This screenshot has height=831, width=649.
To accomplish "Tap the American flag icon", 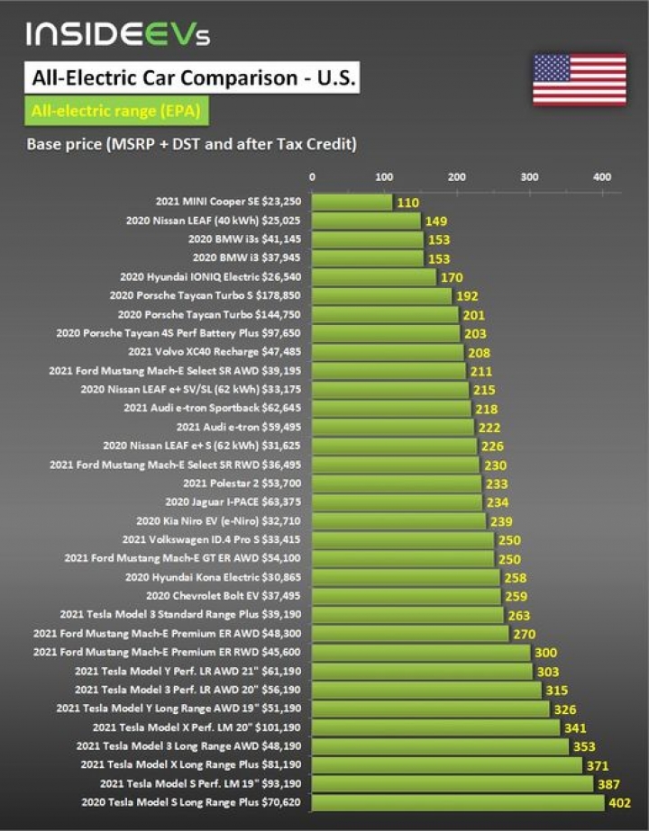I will [x=579, y=79].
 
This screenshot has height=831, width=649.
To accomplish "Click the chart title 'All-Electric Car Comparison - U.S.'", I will [x=193, y=77].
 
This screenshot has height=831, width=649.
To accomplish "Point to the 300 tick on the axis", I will [x=529, y=176].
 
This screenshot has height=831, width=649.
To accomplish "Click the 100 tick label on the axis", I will [x=384, y=176].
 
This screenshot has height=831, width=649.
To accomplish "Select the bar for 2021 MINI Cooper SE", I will [x=352, y=203].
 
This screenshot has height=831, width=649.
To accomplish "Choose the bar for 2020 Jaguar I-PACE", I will [x=398, y=501].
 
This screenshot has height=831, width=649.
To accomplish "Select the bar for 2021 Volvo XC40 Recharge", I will [x=388, y=352].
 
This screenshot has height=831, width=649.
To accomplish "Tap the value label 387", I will [x=608, y=784].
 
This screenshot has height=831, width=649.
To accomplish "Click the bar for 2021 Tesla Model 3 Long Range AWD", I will [x=441, y=745].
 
